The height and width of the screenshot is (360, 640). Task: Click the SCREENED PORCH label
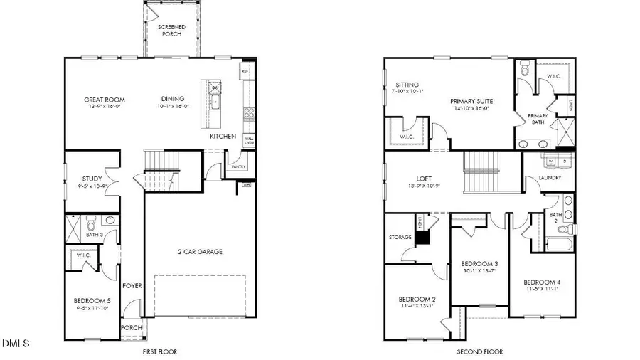172,31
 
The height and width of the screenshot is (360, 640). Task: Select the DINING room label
173,99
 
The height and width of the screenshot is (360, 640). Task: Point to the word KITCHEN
223,136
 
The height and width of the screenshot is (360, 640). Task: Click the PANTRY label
238,166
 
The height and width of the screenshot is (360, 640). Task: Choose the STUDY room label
92,179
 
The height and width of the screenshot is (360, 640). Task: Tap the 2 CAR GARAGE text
200,251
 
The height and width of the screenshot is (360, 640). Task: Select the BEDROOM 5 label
92,300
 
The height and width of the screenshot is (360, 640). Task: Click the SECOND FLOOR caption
479,351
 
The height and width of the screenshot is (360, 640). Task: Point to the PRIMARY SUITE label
471,102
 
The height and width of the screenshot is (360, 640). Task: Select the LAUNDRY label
550,178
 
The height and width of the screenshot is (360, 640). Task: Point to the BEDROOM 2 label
417,298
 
